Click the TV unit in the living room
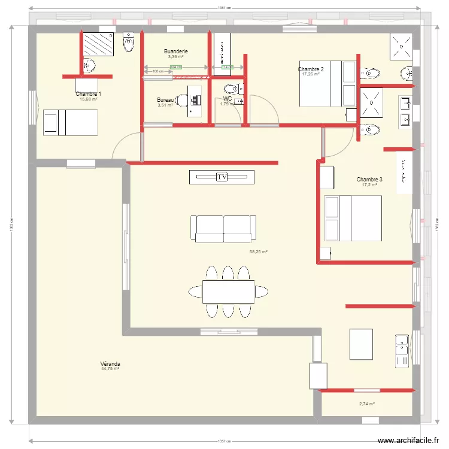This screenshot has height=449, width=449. pyautogui.click(x=222, y=177)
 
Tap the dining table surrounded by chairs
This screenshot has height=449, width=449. pyautogui.click(x=228, y=292)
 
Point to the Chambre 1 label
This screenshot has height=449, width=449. pyautogui.click(x=88, y=94)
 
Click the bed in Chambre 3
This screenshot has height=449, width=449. pyautogui.click(x=353, y=218)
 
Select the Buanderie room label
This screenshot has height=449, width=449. pyautogui.click(x=176, y=51)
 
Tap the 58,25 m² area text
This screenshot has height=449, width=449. pyautogui.click(x=258, y=252)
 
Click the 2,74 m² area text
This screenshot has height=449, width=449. pyautogui.click(x=367, y=404)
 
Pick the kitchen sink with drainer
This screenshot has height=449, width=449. pyautogui.click(x=402, y=350)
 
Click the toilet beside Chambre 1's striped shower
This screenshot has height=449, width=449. pyautogui.click(x=129, y=42)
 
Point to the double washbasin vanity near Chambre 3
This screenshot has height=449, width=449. pyautogui.click(x=405, y=113)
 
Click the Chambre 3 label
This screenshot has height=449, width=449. pyautogui.click(x=369, y=180)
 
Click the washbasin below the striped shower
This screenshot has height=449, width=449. pyautogui.click(x=90, y=65)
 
